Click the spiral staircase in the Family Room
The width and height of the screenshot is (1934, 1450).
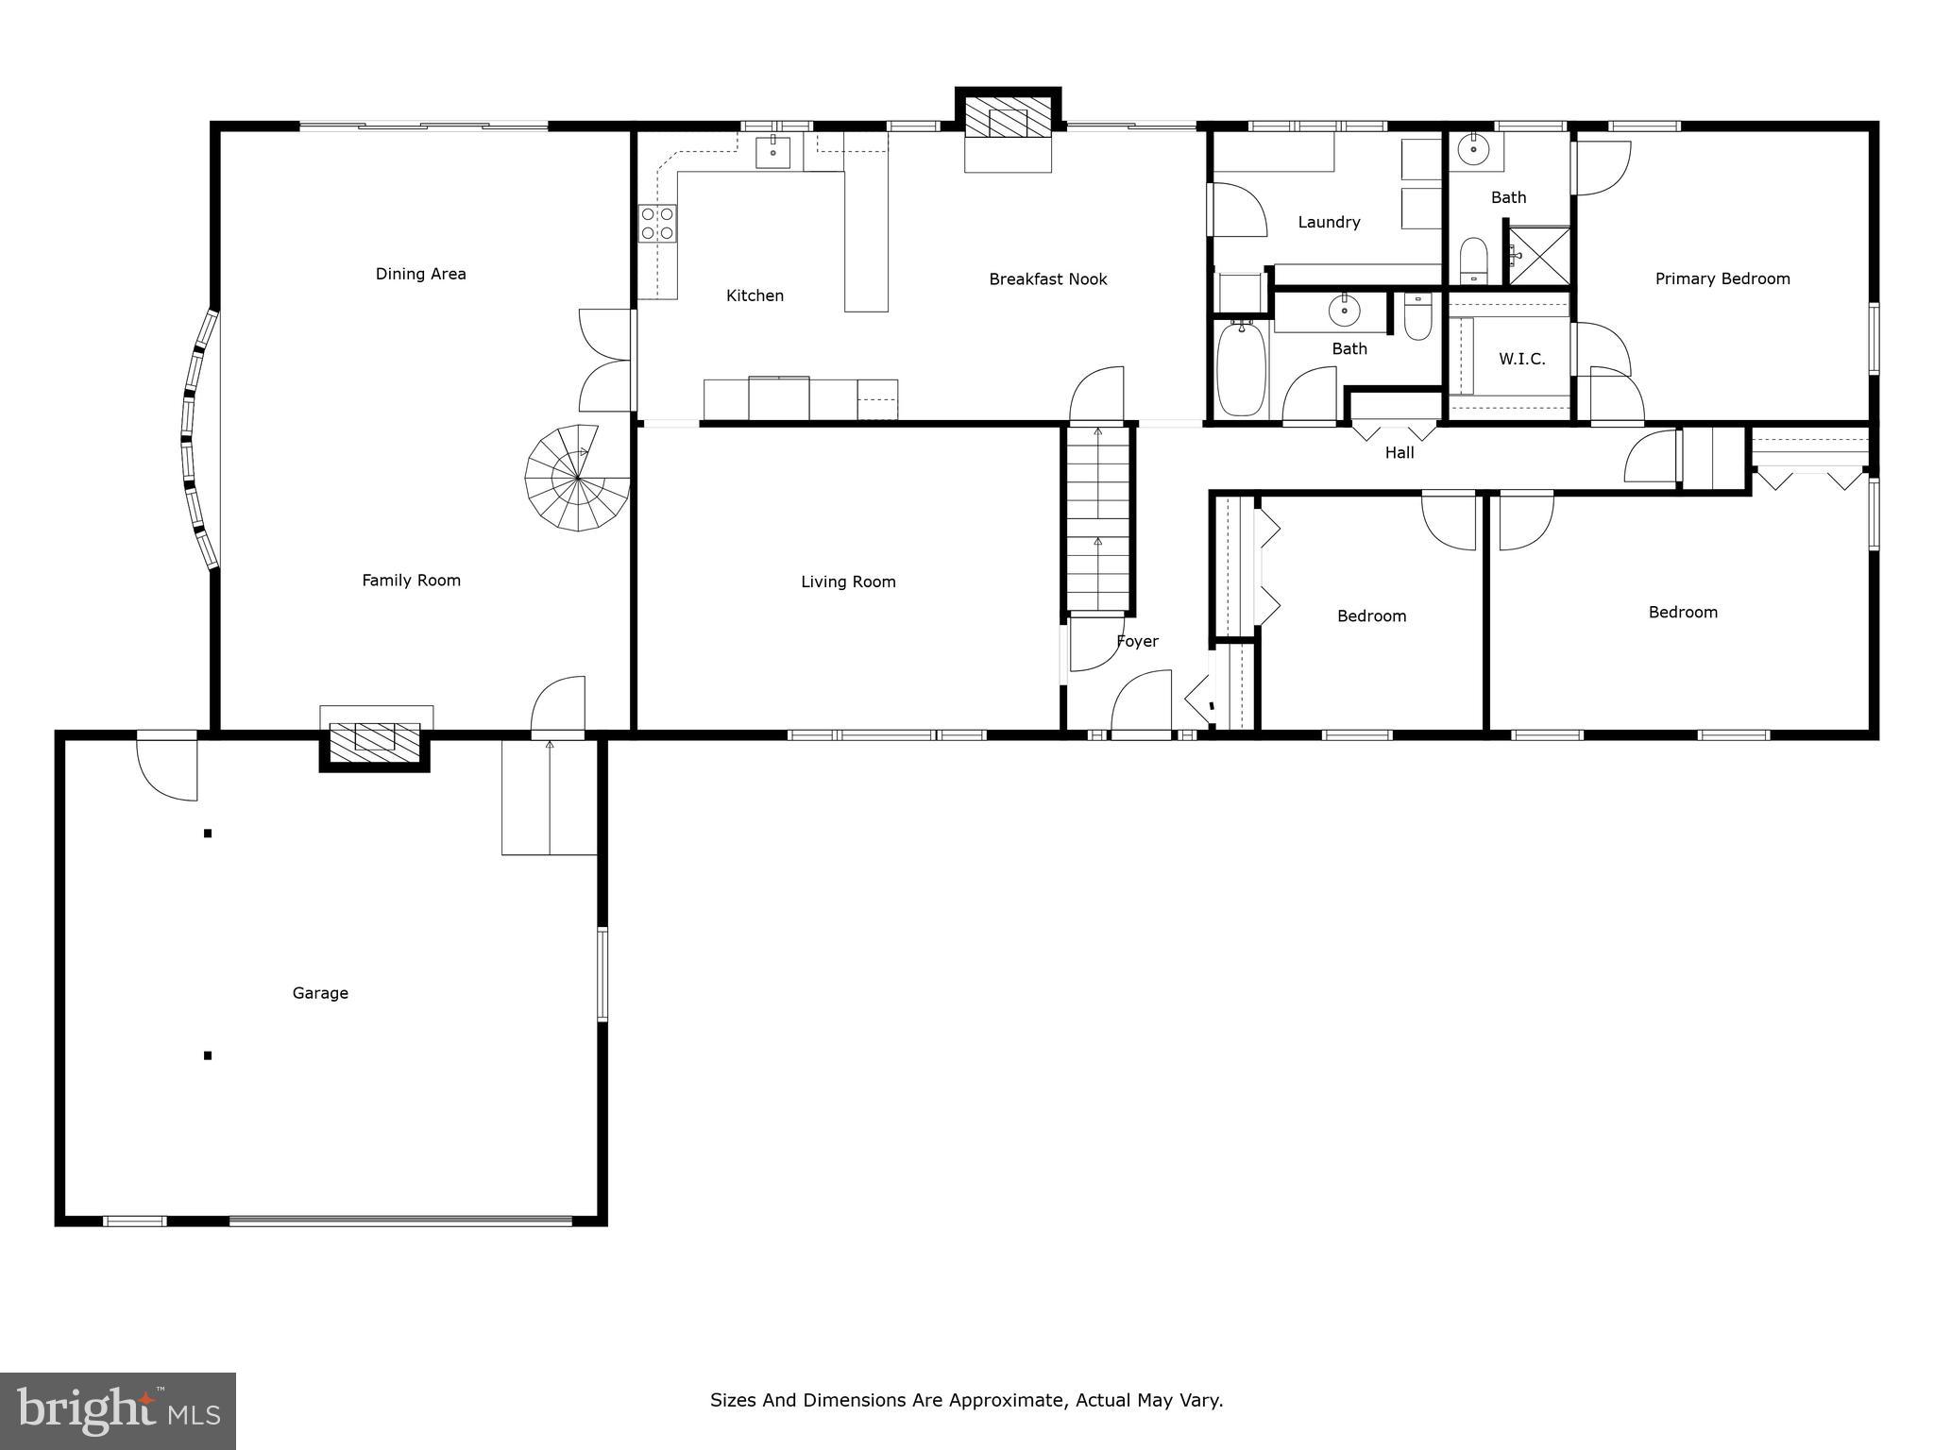[576, 479]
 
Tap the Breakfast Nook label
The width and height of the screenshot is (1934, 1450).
[1047, 279]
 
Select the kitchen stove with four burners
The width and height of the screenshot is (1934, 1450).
[657, 224]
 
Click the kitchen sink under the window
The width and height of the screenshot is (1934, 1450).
[772, 151]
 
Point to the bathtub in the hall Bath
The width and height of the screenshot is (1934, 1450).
[1241, 368]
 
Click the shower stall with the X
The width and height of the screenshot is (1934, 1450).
[1539, 255]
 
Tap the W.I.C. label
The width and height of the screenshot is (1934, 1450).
[1521, 360]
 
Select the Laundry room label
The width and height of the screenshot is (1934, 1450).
[1329, 223]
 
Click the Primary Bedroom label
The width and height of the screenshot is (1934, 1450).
[1722, 279]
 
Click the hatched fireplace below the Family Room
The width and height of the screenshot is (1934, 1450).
[374, 738]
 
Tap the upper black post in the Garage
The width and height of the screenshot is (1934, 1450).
[208, 834]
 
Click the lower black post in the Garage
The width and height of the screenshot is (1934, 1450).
[208, 1055]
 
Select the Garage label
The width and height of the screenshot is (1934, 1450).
[320, 993]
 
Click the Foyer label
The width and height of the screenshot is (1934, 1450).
[1137, 642]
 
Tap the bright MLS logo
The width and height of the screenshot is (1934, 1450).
[118, 1410]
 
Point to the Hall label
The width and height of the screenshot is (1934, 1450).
[1399, 453]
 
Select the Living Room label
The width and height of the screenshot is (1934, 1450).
[848, 582]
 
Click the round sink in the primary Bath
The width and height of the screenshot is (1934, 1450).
[1473, 148]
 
